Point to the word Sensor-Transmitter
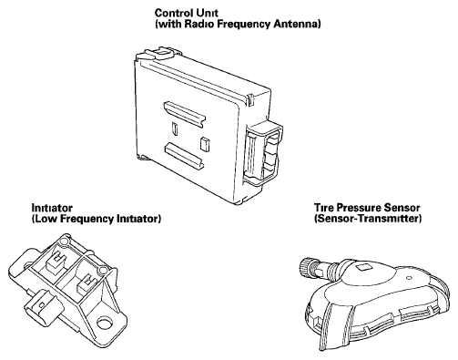pos(368,219)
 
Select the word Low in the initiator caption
pos(45,219)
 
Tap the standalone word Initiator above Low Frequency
pos(52,208)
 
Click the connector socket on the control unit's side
pos(263,153)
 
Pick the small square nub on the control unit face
pos(205,144)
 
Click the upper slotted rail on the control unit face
pos(185,114)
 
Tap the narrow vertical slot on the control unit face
pos(175,129)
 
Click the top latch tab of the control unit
pos(162,53)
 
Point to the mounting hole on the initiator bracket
pos(105,323)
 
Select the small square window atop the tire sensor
pos(362,268)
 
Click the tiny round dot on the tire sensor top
pos(409,277)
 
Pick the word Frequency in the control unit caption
pos(244,25)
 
